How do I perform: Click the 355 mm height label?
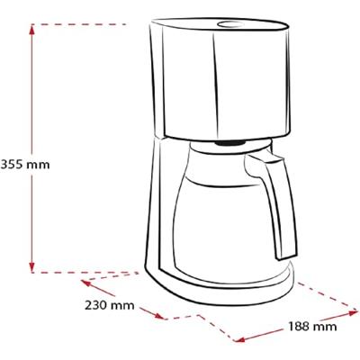tap(25, 165)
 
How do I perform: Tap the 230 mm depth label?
tap(109, 306)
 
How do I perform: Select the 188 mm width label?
tap(312, 326)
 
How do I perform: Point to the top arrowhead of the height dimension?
tap(32, 30)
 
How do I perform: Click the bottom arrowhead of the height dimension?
tap(32, 267)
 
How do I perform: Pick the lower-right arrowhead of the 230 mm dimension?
tap(159, 316)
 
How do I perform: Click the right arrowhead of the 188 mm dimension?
tap(353, 313)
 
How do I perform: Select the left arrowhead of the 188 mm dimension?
tap(239, 339)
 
